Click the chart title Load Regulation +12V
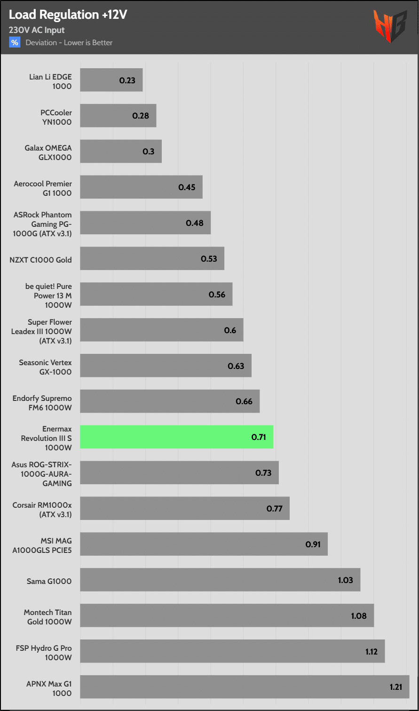(x=68, y=15)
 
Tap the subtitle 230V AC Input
(x=37, y=30)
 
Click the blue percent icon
(x=15, y=42)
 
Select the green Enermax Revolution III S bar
(x=176, y=437)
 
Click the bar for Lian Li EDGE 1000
(x=111, y=80)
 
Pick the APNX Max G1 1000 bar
(x=245, y=687)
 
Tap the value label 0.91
(x=313, y=544)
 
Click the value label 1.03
(x=345, y=580)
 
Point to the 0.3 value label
(x=149, y=152)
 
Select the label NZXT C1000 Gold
(x=40, y=260)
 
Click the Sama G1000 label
(x=49, y=581)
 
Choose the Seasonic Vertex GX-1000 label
(x=45, y=367)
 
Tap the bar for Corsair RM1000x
(x=184, y=508)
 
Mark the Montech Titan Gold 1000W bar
(x=227, y=615)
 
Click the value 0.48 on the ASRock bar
(x=195, y=223)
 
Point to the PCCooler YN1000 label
(x=56, y=117)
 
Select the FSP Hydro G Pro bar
(x=232, y=651)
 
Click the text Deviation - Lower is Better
(x=69, y=43)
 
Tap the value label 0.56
(x=217, y=295)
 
